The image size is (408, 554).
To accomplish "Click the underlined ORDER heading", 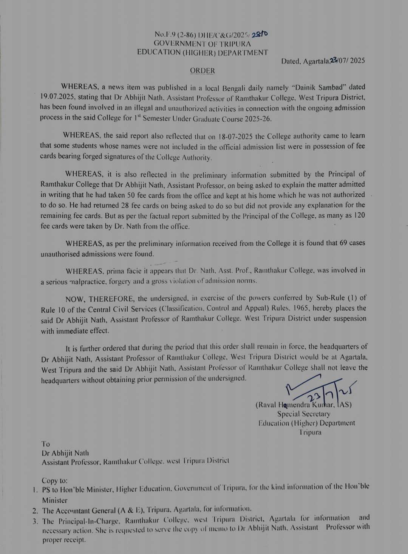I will pyautogui.click(x=202, y=71).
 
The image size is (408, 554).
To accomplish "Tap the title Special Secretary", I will pyautogui.click(x=304, y=414).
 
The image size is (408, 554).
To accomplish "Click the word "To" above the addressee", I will pyautogui.click(x=46, y=444).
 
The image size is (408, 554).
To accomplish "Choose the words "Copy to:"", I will pyautogui.click(x=55, y=481).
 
